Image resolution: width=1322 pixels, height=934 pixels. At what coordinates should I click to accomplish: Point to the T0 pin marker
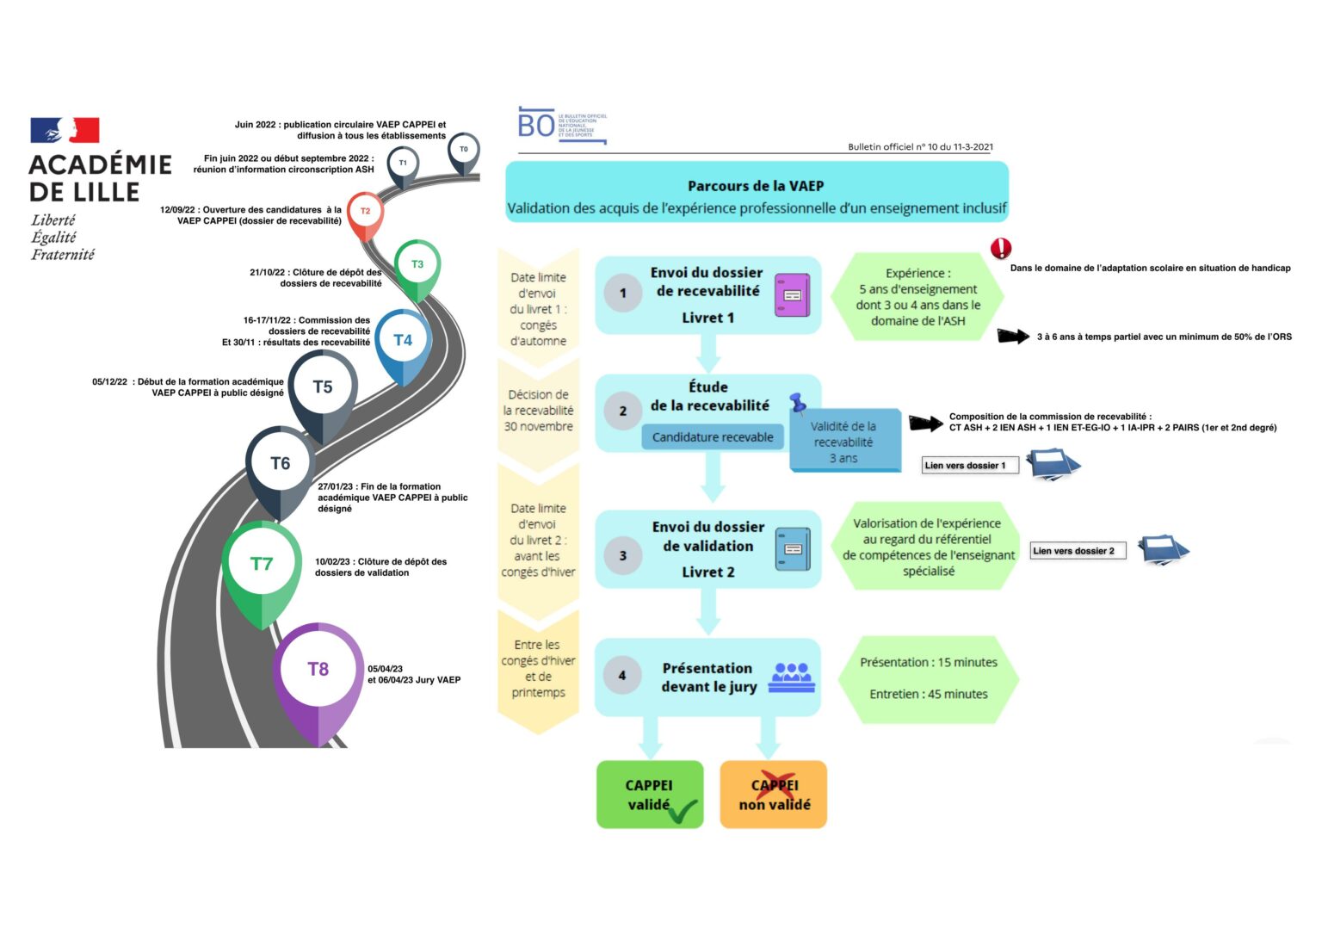pos(464,150)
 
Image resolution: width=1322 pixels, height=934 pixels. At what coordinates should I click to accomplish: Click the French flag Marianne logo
pos(65,130)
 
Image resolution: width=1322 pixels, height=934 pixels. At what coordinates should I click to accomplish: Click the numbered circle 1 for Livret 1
pos(623,294)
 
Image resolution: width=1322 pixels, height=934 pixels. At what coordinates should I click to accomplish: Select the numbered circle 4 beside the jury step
pos(622,676)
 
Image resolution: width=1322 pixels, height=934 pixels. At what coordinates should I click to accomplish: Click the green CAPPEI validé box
pos(650,795)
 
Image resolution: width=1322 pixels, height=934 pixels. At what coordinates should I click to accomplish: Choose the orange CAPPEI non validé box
pos(774,795)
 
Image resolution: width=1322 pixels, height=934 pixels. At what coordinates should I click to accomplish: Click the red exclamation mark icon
pos(1001,249)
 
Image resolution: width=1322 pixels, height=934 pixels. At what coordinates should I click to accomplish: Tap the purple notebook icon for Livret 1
pos(792,295)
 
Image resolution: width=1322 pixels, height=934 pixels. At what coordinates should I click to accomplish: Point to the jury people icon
pos(792,677)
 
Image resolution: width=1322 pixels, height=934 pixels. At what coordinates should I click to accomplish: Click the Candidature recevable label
pos(713,437)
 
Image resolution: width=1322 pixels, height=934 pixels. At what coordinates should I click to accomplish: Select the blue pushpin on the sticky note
pos(798,402)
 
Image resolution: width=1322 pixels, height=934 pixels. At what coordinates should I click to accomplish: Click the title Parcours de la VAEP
pos(756,186)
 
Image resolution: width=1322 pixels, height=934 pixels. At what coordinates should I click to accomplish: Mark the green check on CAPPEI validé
pos(683,811)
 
